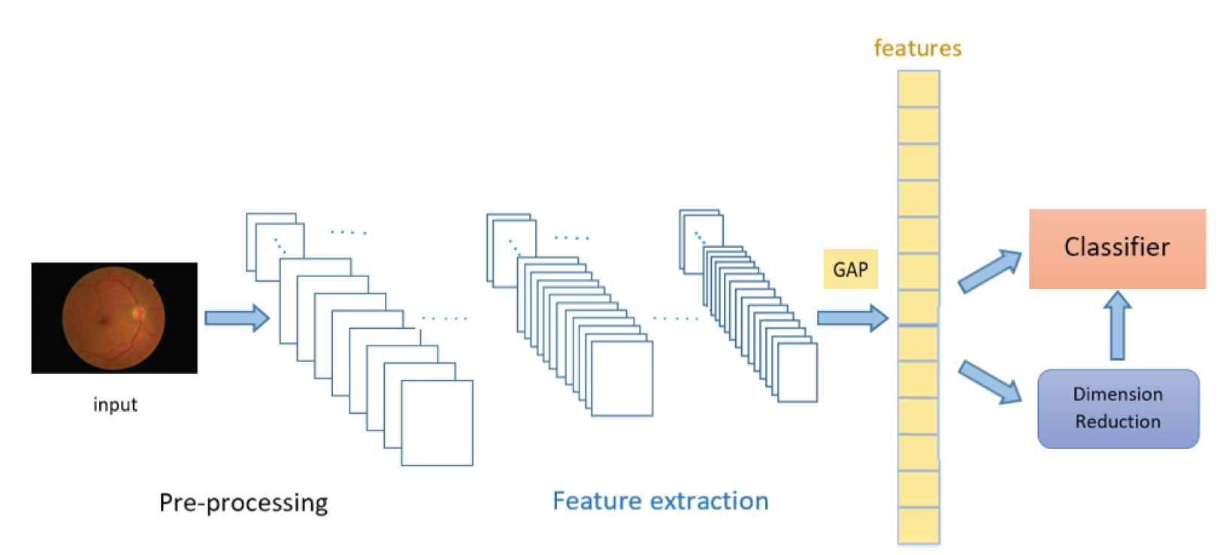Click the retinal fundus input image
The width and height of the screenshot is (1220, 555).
pos(114,318)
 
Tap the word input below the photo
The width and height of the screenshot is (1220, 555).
pos(115,405)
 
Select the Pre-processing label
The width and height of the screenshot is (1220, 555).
pos(244,502)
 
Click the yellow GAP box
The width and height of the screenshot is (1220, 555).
pos(850,270)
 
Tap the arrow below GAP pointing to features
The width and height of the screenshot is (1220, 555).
pos(852,318)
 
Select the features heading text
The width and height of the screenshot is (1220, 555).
pos(918,48)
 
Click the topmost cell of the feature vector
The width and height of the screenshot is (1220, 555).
pos(919,89)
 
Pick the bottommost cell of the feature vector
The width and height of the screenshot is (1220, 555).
pos(919,525)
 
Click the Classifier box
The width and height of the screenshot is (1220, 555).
pos(1117,249)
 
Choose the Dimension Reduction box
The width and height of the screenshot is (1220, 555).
pos(1118,409)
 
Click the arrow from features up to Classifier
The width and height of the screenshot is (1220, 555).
pos(990,271)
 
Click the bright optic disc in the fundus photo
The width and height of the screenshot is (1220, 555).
pos(138,311)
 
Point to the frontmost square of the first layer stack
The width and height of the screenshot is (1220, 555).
pos(437,423)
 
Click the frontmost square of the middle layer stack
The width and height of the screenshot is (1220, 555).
pos(622,379)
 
